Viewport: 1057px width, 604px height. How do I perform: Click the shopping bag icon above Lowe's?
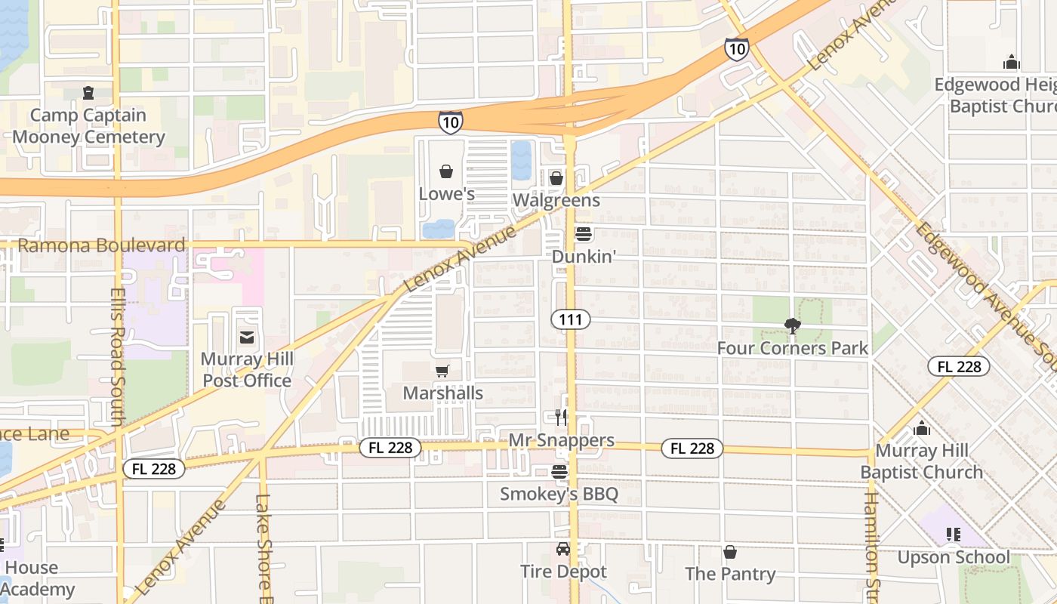click(446, 171)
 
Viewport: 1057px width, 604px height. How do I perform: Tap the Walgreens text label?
click(556, 200)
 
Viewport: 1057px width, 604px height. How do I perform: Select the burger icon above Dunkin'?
click(583, 234)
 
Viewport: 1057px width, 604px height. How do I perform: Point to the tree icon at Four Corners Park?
click(792, 326)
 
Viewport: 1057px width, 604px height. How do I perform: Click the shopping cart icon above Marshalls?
click(442, 371)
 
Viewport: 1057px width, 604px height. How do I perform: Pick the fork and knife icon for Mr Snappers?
click(560, 418)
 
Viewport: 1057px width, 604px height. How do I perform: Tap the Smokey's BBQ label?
click(559, 495)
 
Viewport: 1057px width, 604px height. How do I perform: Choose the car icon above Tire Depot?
click(562, 549)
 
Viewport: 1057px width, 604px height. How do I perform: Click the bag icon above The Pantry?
click(729, 552)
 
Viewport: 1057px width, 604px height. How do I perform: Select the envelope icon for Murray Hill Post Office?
click(246, 337)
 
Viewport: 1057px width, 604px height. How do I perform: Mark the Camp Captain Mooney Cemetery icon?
click(88, 93)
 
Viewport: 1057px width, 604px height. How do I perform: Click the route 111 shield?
click(570, 319)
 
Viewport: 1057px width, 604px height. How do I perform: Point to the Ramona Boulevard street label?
click(101, 245)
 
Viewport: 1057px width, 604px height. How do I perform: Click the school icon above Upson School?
click(953, 535)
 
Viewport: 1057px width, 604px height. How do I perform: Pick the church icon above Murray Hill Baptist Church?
click(921, 428)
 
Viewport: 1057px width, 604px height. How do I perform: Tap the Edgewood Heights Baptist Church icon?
click(1011, 62)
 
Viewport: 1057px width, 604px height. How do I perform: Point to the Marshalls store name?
click(442, 393)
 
